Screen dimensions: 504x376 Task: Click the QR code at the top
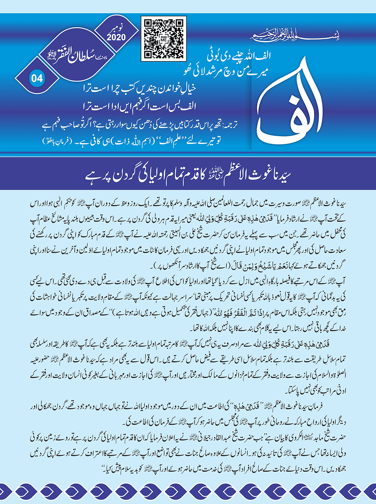[x=163, y=38]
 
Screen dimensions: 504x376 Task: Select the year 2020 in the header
[x=116, y=37]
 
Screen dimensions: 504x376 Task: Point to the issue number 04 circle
[x=37, y=78]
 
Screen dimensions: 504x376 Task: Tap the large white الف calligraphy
[x=291, y=106]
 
